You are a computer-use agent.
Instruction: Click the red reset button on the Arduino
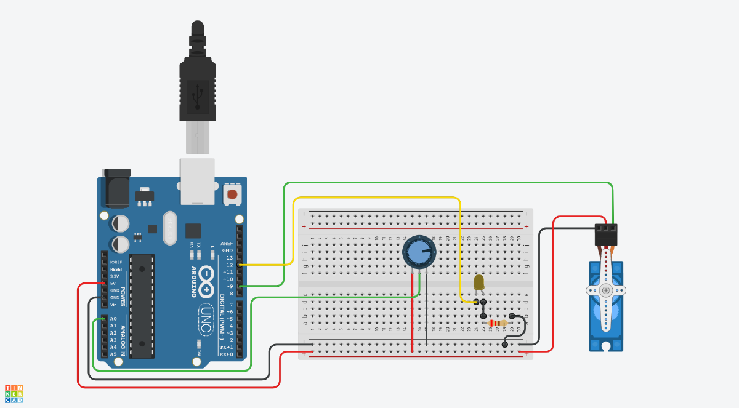[232, 194]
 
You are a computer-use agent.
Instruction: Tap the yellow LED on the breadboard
[479, 282]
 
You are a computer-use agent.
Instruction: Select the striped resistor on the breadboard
[497, 324]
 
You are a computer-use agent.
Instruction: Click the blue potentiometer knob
[419, 252]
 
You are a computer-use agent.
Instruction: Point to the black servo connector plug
[606, 234]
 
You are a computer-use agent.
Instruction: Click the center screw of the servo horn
[607, 290]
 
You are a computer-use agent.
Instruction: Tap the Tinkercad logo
[14, 394]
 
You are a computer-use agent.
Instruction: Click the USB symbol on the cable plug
[197, 95]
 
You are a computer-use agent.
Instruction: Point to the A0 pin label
[113, 319]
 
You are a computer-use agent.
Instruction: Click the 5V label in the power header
[113, 283]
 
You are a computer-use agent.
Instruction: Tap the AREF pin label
[227, 244]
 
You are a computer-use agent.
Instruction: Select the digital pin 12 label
[229, 265]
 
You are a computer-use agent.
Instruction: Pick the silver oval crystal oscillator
[170, 228]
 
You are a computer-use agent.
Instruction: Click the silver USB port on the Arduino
[197, 181]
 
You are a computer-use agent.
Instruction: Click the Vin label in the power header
[113, 305]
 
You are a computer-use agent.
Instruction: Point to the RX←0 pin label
[226, 354]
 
